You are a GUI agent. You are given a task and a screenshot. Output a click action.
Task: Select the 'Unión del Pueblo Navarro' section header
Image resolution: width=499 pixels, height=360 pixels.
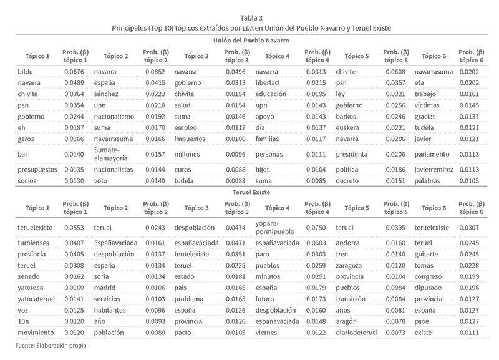(249, 40)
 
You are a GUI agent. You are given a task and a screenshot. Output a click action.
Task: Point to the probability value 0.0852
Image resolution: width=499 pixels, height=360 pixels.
(156, 72)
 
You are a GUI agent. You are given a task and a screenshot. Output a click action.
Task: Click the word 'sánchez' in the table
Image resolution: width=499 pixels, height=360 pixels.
(107, 94)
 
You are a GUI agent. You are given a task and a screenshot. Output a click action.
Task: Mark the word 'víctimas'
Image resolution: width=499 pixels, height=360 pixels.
(428, 105)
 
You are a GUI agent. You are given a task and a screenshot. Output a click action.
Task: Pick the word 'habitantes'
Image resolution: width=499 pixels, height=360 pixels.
(112, 309)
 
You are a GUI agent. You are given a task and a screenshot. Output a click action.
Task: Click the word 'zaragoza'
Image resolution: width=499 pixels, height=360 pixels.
(350, 265)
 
